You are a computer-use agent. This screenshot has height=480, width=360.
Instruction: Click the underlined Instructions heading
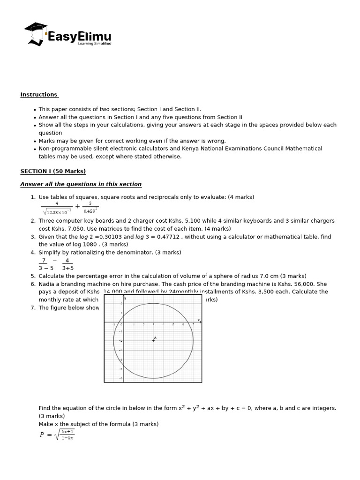click(39, 95)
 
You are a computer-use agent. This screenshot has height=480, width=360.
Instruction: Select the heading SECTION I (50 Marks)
click(53, 171)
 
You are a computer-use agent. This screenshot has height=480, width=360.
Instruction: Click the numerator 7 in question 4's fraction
click(44, 261)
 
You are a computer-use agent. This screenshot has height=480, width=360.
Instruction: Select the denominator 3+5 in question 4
click(67, 268)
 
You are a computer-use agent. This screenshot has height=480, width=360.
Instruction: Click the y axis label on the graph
click(125, 299)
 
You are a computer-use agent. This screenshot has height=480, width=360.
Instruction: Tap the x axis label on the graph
click(198, 321)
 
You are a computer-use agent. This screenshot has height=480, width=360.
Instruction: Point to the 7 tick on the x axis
click(193, 325)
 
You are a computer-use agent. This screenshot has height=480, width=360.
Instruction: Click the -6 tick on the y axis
click(121, 378)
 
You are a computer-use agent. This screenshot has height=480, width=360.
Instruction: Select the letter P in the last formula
click(42, 435)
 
